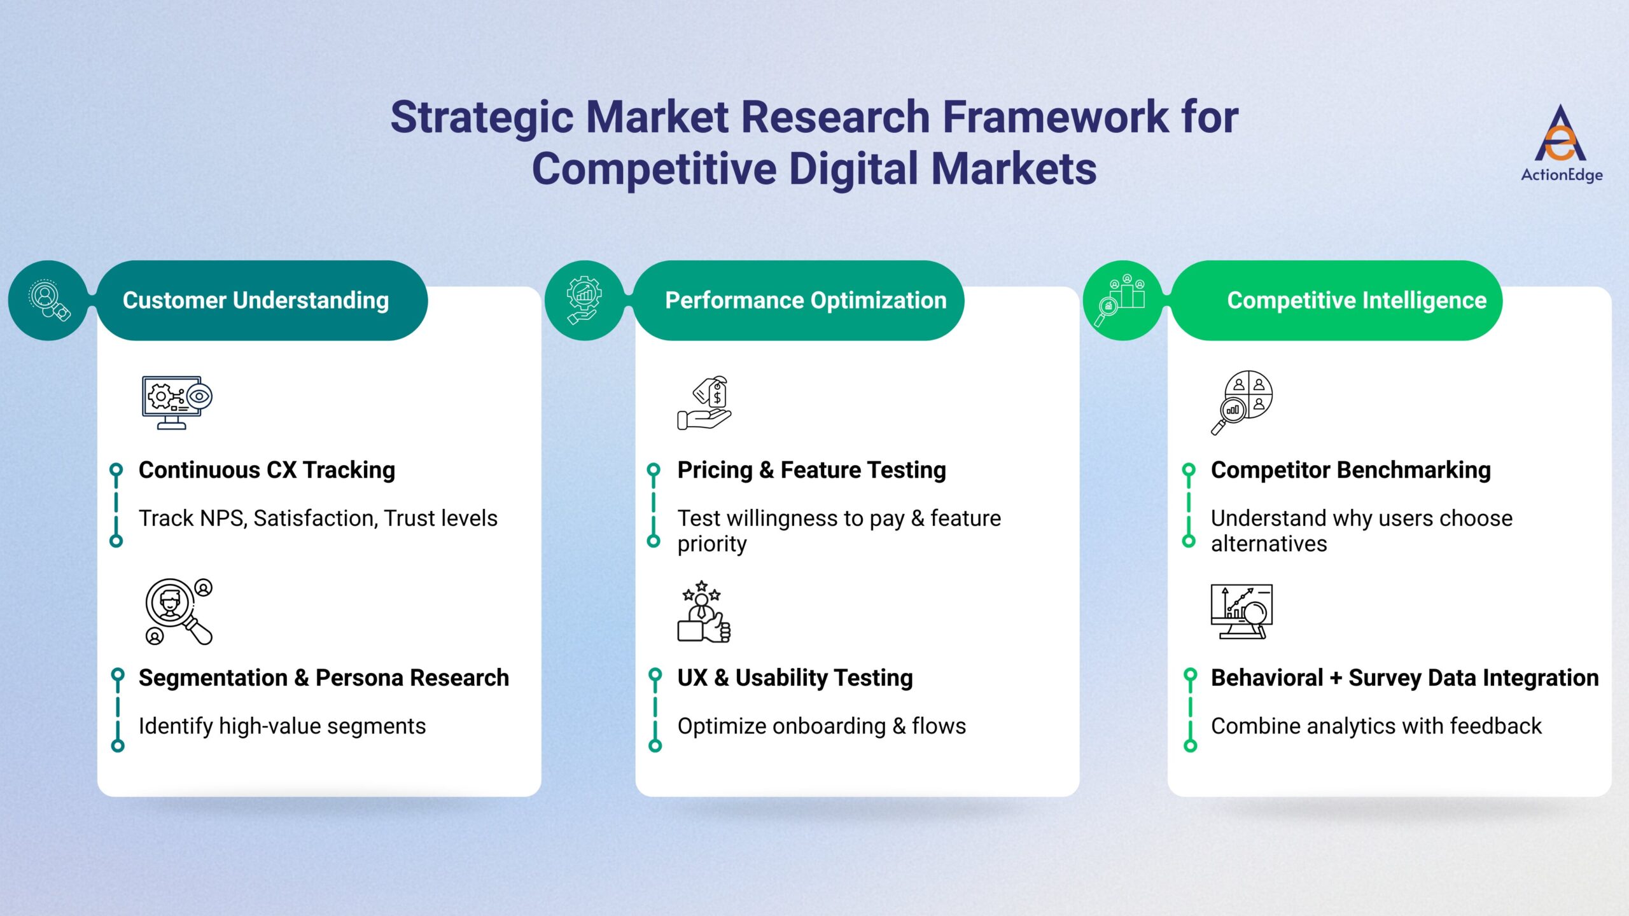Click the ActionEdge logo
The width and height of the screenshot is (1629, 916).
[1561, 144]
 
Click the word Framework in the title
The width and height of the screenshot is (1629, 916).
[1054, 118]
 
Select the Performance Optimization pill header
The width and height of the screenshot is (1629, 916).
[799, 300]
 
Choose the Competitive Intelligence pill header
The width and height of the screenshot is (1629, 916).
[1336, 300]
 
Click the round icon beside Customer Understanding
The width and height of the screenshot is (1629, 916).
[48, 300]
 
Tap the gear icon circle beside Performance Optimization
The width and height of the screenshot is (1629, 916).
[585, 300]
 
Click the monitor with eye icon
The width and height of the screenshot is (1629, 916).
[176, 402]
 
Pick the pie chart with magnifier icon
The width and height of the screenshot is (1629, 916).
[1241, 402]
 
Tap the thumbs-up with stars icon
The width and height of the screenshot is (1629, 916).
[704, 611]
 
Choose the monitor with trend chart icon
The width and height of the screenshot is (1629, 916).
[1241, 611]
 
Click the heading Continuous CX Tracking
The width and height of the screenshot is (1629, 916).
[267, 470]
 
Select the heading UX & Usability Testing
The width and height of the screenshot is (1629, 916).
[795, 678]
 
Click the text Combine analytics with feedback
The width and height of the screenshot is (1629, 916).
[1376, 726]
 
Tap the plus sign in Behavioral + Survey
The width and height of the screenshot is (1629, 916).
[1336, 678]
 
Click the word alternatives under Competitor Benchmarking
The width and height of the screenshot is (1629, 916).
[1268, 545]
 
